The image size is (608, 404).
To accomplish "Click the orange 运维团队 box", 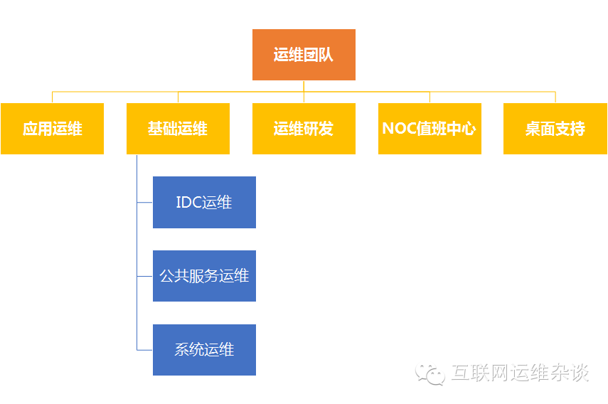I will [x=304, y=55].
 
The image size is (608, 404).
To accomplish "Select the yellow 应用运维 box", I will [x=52, y=129].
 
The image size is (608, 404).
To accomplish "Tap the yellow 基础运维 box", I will [x=178, y=129].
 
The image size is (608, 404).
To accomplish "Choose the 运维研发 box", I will [x=304, y=129].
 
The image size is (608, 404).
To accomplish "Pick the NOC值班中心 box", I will [x=430, y=129].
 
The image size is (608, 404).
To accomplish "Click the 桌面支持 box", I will [x=555, y=129].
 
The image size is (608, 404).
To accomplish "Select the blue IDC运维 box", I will [x=204, y=203].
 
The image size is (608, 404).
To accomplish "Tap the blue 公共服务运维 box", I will [x=204, y=276].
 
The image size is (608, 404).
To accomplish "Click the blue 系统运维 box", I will [x=204, y=350].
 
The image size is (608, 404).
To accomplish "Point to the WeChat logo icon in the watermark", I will [x=431, y=373].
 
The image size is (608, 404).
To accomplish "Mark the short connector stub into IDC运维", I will [x=145, y=203].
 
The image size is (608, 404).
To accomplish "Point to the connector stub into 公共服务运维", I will [x=145, y=276].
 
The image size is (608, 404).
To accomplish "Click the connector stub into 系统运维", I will [x=145, y=350].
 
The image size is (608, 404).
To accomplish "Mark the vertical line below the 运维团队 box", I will [x=304, y=86].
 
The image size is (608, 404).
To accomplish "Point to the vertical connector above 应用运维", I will [x=52, y=97].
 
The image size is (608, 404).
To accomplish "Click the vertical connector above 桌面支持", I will [x=555, y=97].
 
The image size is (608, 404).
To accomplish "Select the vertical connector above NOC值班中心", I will [x=430, y=97].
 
